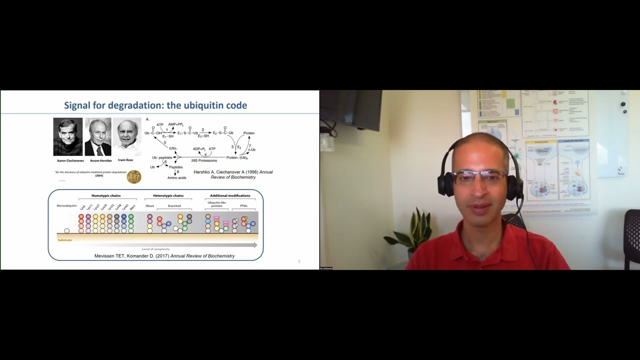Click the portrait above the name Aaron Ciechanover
(68, 136)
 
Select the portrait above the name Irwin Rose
(126, 136)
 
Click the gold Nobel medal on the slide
(134, 176)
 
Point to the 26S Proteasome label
(204, 160)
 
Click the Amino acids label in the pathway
(177, 177)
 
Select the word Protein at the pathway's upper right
(249, 133)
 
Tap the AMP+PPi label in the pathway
(175, 124)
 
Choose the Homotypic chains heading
(106, 195)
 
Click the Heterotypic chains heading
(168, 195)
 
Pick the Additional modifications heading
(230, 195)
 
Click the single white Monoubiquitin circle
(67, 230)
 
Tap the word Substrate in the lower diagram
(65, 240)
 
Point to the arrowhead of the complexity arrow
(255, 245)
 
